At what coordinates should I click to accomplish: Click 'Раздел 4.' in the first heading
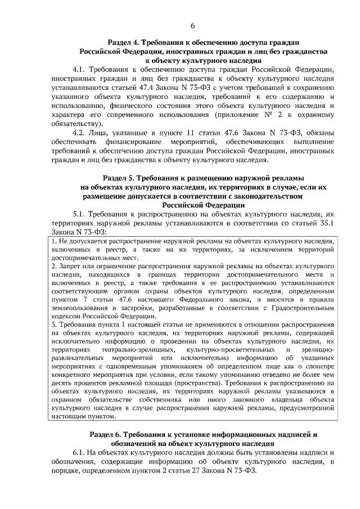pyautogui.click(x=123, y=42)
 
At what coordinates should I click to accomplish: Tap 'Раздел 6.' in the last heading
pyautogui.click(x=109, y=435)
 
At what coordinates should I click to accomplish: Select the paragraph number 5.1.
pyautogui.click(x=80, y=214)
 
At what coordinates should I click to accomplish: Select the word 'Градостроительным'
pyautogui.click(x=304, y=308)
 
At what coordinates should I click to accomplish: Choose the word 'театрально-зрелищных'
pyautogui.click(x=128, y=351)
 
